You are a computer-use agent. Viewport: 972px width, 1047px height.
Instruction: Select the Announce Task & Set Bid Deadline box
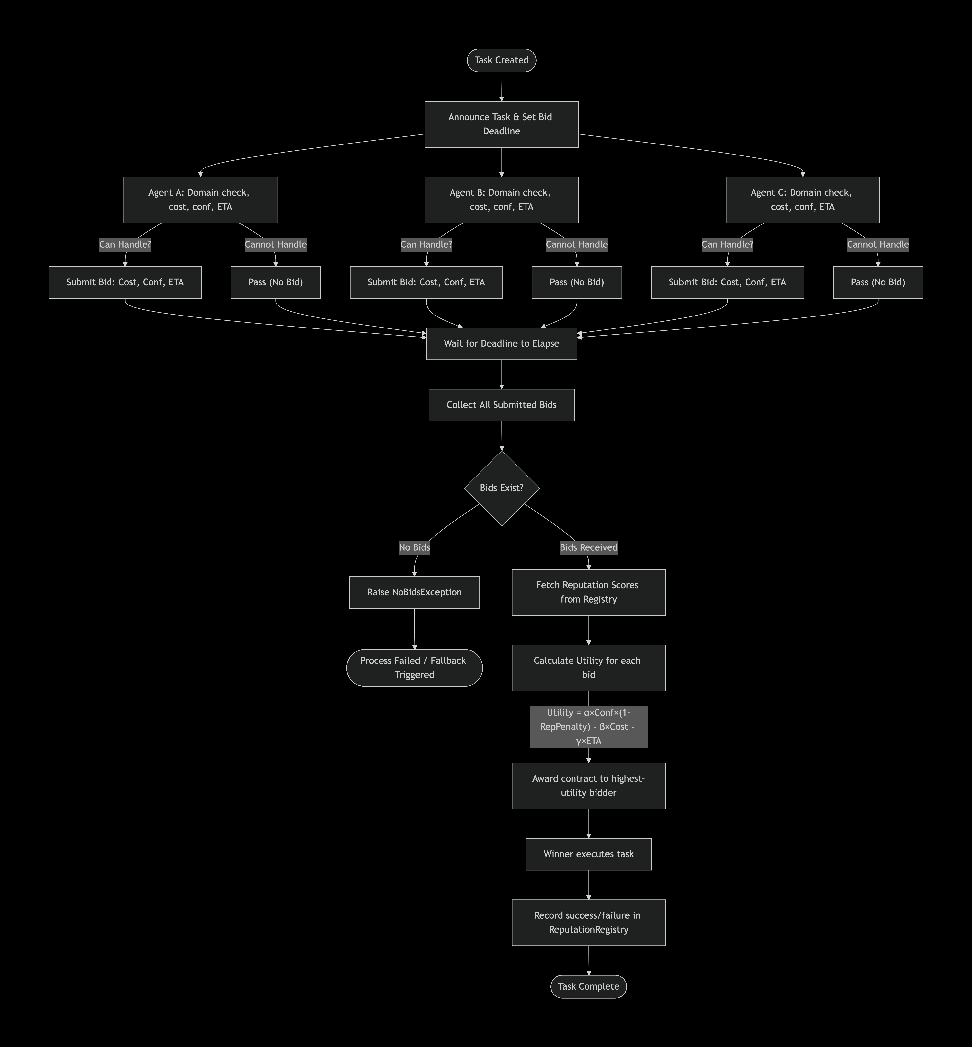pos(501,124)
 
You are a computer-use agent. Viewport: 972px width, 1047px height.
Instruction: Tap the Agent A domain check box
pos(200,200)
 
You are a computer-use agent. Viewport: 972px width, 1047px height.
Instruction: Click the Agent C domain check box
pos(803,200)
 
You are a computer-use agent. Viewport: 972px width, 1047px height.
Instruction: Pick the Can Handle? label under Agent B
pos(426,245)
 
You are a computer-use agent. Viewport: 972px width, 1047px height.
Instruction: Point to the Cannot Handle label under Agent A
pos(276,245)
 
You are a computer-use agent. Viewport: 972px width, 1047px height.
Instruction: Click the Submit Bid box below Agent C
pos(727,282)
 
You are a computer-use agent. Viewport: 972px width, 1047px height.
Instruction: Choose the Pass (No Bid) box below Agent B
pos(577,282)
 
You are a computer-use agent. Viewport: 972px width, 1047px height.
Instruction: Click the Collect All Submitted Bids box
pos(501,405)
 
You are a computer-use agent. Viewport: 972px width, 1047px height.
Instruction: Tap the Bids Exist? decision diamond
pos(502,488)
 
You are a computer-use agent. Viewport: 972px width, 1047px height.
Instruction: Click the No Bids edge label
pos(414,547)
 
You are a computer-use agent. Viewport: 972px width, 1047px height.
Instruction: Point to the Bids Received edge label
pos(589,547)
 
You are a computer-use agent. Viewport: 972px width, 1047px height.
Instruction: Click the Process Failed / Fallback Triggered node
pos(414,668)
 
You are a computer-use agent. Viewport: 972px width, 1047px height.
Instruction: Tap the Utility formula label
pos(589,727)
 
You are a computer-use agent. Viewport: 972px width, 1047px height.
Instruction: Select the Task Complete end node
pos(589,986)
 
